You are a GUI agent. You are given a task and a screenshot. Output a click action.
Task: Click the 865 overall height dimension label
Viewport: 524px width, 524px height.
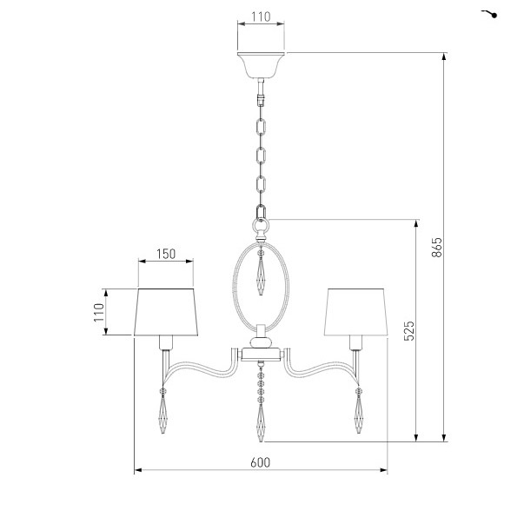pyautogui.click(x=436, y=248)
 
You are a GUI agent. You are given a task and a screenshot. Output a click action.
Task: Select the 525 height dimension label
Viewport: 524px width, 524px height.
pyautogui.click(x=409, y=331)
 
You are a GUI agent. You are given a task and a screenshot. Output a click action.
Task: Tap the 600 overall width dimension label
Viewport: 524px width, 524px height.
pyautogui.click(x=261, y=462)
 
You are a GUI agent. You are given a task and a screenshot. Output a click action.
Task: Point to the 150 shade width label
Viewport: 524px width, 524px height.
pyautogui.click(x=166, y=254)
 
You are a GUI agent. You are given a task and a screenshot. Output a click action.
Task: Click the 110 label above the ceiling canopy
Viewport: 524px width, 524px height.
pyautogui.click(x=261, y=17)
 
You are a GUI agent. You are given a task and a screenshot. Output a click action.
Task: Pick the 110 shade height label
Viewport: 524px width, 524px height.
pyautogui.click(x=99, y=313)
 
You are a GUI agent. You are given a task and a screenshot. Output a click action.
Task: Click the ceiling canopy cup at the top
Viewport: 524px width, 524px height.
pyautogui.click(x=261, y=65)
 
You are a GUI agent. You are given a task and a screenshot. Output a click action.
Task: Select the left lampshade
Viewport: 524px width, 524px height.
pyautogui.click(x=166, y=312)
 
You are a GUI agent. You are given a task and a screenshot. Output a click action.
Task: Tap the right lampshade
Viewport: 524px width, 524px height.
pyautogui.click(x=356, y=312)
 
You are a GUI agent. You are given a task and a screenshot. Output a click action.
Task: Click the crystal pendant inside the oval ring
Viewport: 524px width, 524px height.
pyautogui.click(x=261, y=272)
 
